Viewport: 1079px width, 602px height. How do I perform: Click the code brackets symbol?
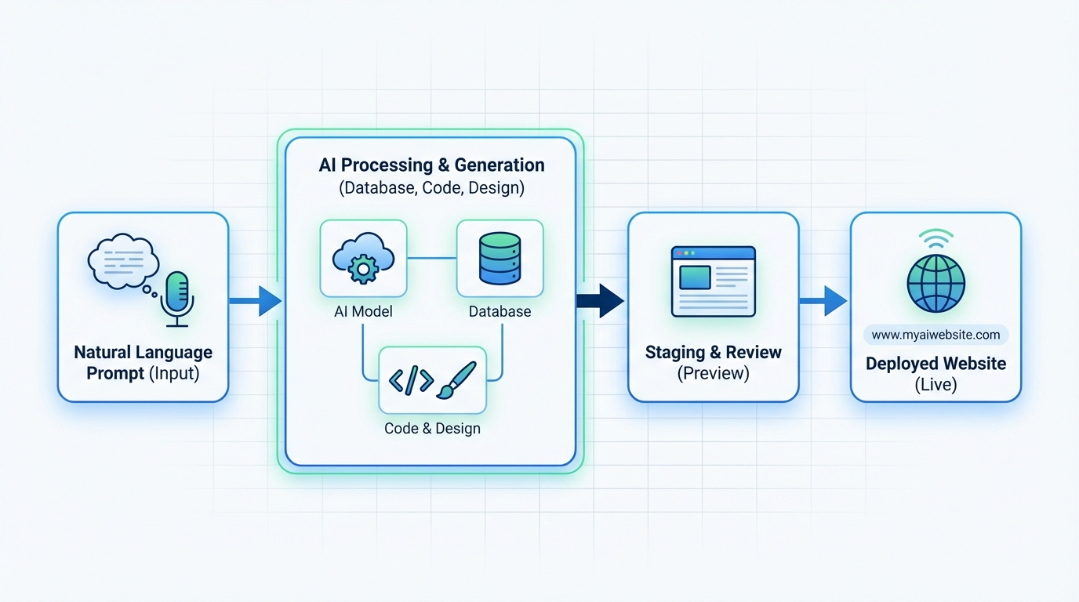pyautogui.click(x=411, y=380)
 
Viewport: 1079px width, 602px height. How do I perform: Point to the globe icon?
pyautogui.click(x=935, y=283)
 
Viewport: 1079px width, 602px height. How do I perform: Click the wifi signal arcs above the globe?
pyautogui.click(x=935, y=238)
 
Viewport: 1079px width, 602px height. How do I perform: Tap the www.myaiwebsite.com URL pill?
pyautogui.click(x=935, y=335)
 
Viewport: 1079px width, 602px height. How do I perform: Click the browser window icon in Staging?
pyautogui.click(x=713, y=281)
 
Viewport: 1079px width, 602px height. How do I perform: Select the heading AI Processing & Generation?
pyautogui.click(x=431, y=165)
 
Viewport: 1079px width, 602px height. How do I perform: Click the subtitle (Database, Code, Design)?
pyautogui.click(x=431, y=188)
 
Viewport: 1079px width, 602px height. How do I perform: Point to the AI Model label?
pyautogui.click(x=363, y=311)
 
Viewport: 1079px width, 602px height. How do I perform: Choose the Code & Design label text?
pyautogui.click(x=432, y=429)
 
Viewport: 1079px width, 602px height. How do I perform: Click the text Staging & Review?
pyautogui.click(x=713, y=352)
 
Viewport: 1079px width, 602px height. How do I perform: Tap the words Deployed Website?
pyautogui.click(x=935, y=364)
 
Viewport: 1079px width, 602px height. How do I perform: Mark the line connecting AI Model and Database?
pyautogui.click(x=431, y=258)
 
